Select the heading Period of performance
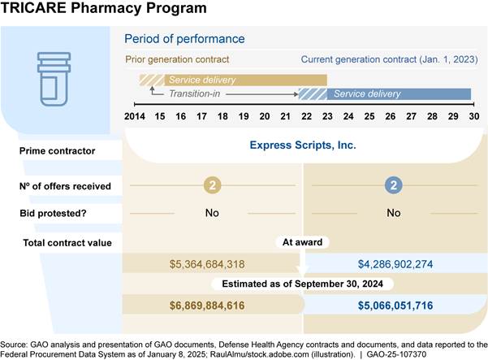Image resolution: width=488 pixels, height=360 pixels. point(184,39)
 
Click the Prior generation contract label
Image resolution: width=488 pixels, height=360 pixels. point(176,59)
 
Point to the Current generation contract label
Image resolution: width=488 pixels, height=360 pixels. point(385,59)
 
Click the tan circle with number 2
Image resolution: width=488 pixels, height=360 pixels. point(213,186)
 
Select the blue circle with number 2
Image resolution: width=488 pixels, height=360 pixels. point(394,186)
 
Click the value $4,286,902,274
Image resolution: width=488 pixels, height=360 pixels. point(395,264)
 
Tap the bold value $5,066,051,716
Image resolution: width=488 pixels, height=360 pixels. point(395,305)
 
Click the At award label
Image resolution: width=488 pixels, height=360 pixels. point(302,242)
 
